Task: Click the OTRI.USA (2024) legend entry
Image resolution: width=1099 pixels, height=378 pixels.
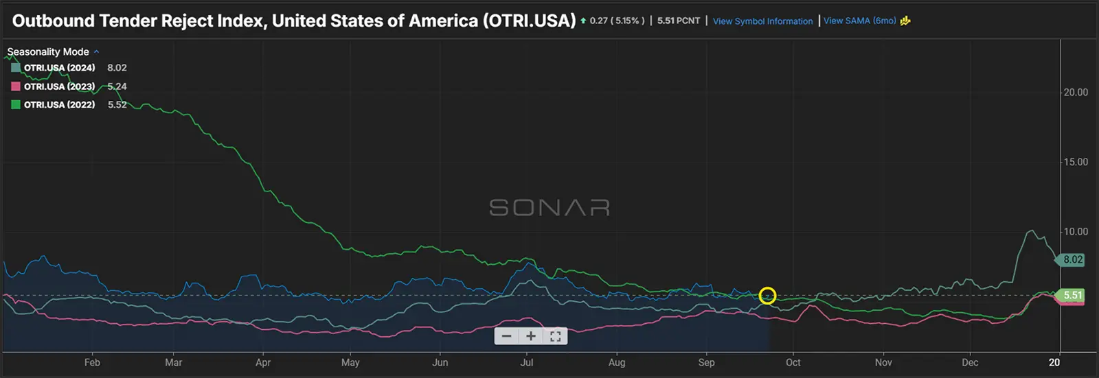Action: (59, 68)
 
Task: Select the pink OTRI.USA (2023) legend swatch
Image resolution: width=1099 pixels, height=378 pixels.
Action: (16, 86)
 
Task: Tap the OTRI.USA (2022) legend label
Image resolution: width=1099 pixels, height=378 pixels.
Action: (60, 105)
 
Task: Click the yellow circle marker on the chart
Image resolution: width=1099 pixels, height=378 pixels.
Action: (767, 296)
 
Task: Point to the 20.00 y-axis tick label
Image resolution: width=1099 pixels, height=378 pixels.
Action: (1076, 93)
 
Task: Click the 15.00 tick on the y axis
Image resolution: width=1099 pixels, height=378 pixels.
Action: (1076, 163)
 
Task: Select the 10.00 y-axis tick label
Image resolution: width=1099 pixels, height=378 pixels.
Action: (1076, 232)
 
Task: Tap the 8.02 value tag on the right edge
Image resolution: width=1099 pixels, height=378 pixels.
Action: (1073, 260)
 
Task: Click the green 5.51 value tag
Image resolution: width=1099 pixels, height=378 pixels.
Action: (1072, 296)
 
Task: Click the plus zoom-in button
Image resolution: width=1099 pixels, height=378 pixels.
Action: (530, 336)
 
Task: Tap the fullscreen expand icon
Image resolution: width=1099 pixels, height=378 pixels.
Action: (556, 336)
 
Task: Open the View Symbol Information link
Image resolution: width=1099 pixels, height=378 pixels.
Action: (762, 21)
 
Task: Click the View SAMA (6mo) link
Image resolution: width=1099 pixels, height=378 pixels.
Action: (860, 21)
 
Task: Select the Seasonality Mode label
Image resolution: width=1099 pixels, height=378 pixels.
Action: (48, 52)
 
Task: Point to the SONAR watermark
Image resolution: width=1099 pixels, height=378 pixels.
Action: (549, 208)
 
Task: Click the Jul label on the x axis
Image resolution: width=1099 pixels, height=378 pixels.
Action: (527, 362)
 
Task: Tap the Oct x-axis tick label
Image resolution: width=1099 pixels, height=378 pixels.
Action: (793, 362)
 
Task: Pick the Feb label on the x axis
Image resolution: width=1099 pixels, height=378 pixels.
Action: (92, 362)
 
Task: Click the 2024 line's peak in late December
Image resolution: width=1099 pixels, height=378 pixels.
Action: (1030, 231)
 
